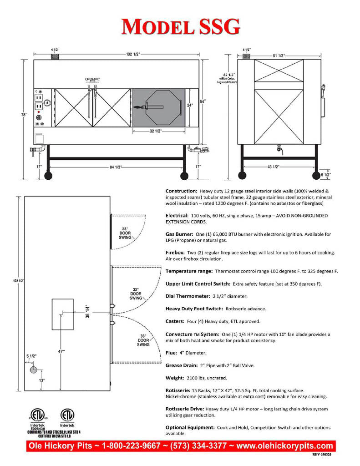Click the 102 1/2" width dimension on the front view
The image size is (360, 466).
tap(133, 54)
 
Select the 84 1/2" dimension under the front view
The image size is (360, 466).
tap(117, 166)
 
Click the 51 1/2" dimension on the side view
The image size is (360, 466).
tap(278, 55)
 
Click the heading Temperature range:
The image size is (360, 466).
tap(189, 271)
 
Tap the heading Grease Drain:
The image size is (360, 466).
tap(182, 365)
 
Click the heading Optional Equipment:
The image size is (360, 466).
tap(190, 427)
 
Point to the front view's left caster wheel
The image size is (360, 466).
tap(48, 176)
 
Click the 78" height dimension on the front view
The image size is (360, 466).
tap(23, 115)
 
